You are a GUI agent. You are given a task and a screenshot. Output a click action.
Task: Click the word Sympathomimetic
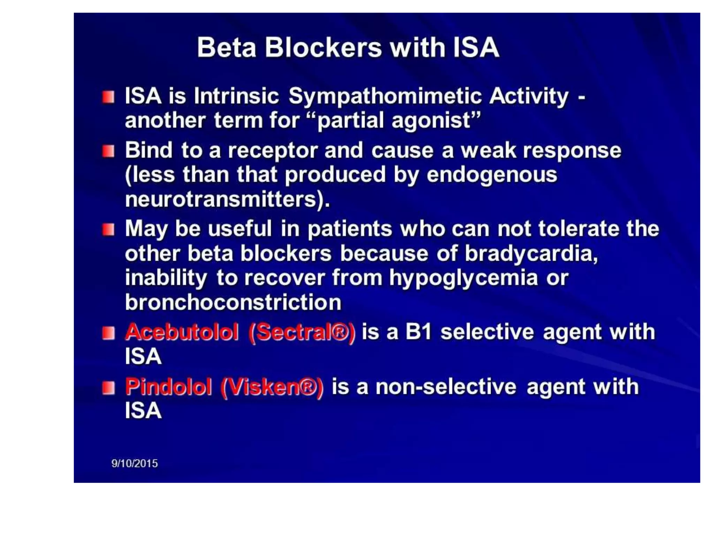click(x=385, y=96)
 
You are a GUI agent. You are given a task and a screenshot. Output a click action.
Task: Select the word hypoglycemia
click(x=463, y=278)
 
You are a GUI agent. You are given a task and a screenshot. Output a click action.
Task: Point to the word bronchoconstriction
click(x=233, y=302)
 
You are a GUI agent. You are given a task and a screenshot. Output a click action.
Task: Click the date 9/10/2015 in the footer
click(x=134, y=463)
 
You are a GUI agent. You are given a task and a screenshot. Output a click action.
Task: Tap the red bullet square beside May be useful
click(x=108, y=230)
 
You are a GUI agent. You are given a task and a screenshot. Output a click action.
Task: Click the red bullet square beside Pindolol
click(x=108, y=388)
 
